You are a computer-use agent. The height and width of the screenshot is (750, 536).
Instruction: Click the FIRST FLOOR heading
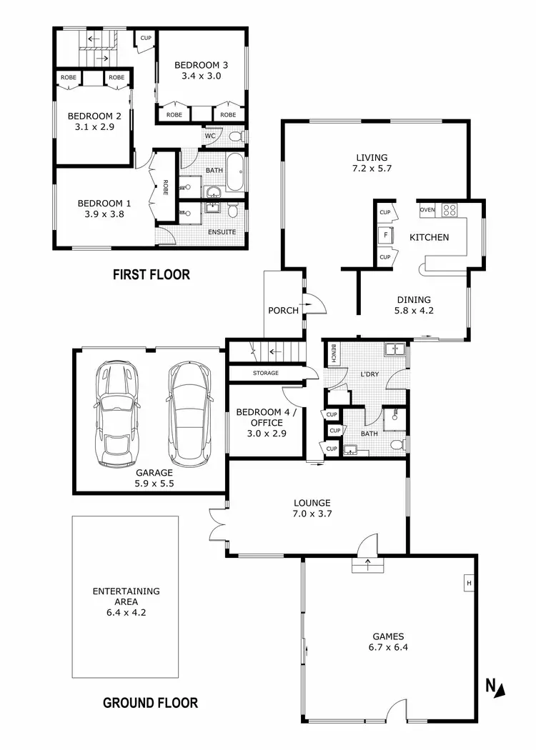click(151, 274)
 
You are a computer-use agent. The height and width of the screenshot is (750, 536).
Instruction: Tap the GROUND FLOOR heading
click(150, 703)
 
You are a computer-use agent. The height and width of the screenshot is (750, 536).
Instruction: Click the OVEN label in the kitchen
click(427, 210)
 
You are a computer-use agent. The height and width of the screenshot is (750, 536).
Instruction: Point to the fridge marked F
click(386, 234)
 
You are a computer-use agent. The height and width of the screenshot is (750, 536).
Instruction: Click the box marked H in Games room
click(469, 584)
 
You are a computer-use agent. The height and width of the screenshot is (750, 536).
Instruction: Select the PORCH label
click(283, 311)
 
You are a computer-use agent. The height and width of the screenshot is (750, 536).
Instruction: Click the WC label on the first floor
click(210, 136)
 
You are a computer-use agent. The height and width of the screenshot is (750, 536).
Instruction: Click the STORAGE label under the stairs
click(264, 374)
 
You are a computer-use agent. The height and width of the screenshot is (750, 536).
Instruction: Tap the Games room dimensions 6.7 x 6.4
click(388, 648)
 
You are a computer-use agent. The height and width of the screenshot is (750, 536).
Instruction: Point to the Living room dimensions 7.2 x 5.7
click(372, 169)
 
